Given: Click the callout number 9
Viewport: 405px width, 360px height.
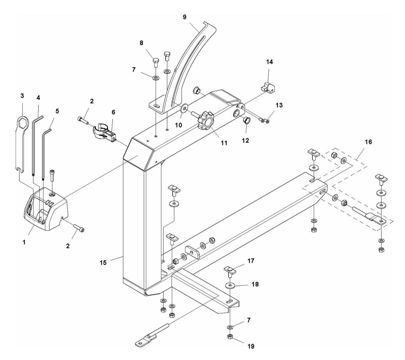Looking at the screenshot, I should point(184,17).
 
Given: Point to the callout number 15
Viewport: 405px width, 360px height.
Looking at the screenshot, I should point(103,263).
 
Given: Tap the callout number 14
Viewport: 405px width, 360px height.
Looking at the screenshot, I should point(269,62).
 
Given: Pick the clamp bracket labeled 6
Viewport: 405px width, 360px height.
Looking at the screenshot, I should point(104,132).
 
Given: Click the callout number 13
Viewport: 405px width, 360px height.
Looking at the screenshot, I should point(279,105).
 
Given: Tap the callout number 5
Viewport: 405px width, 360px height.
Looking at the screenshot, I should point(57,111).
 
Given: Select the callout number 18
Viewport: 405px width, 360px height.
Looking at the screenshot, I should point(255,284).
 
